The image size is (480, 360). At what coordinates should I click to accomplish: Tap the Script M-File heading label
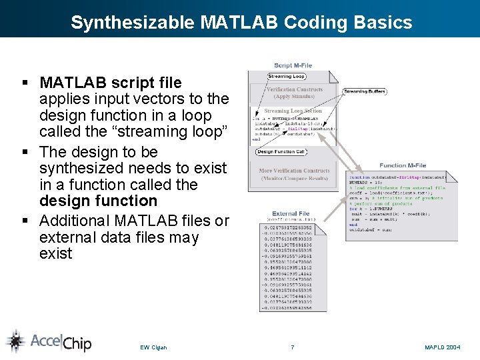point(293,65)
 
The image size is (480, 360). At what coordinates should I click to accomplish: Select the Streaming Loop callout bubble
point(267,77)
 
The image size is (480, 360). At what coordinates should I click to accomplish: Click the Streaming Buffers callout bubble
point(364,91)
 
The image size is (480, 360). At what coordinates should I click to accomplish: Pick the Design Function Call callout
point(281,152)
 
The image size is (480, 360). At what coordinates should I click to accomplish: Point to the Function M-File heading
point(403,165)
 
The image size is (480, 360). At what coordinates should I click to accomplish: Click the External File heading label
point(291,214)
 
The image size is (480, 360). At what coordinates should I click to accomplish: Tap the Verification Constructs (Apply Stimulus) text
point(294,93)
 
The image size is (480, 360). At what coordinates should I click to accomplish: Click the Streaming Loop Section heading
point(293,111)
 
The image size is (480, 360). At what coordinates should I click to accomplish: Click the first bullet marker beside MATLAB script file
point(25,83)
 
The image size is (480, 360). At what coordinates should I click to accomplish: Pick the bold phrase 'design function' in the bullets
point(98,201)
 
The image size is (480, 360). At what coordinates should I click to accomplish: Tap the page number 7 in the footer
point(292,347)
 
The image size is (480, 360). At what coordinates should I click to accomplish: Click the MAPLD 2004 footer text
point(443,347)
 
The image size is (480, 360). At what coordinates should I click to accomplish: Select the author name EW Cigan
point(153,347)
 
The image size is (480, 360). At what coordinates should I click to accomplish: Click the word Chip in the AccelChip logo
point(77,343)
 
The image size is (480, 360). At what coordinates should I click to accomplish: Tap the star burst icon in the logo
point(15,341)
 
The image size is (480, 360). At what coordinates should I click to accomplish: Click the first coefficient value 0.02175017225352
point(292,229)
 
